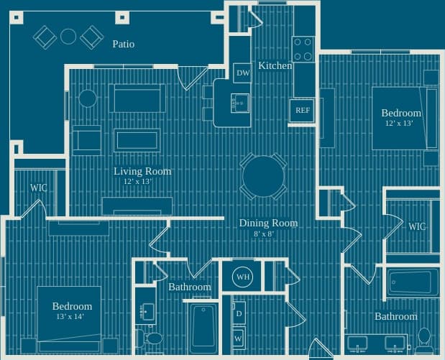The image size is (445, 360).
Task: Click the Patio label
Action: pyautogui.click(x=123, y=44)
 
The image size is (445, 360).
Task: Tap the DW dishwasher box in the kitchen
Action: pyautogui.click(x=242, y=73)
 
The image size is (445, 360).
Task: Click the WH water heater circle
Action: pyautogui.click(x=243, y=277)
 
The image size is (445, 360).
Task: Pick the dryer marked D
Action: pyautogui.click(x=238, y=314)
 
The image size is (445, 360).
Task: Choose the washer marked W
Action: pyautogui.click(x=238, y=337)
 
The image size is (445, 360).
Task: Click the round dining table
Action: pyautogui.click(x=264, y=177)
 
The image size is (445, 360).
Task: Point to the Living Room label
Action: pyautogui.click(x=142, y=171)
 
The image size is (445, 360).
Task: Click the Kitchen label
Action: pyautogui.click(x=275, y=65)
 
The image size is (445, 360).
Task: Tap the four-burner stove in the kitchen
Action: pyautogui.click(x=303, y=48)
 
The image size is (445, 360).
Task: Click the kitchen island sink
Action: pyautogui.click(x=239, y=103)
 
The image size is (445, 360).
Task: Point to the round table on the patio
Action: pyautogui.click(x=68, y=36)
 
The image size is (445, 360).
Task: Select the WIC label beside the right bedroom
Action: pyautogui.click(x=417, y=226)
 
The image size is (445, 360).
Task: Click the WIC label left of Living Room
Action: pyautogui.click(x=39, y=188)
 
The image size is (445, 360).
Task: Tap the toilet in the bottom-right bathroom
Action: pyautogui.click(x=424, y=336)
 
